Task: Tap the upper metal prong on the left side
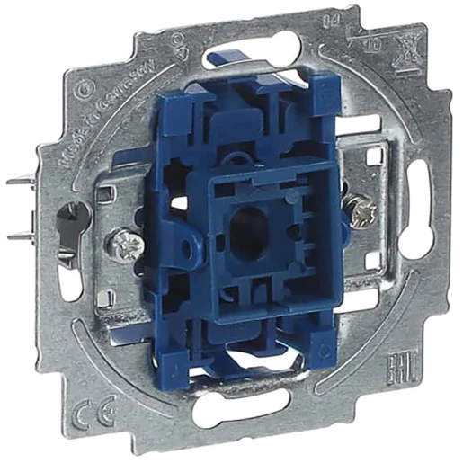coord(27,179)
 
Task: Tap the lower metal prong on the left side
coord(27,236)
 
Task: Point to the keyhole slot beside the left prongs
coord(67,215)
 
